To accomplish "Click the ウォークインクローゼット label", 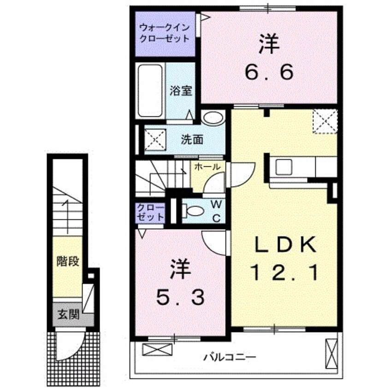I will [x=165, y=33].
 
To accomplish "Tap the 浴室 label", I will [x=182, y=91].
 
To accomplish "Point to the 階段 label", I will [x=68, y=261].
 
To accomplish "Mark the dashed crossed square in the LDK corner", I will [x=325, y=121].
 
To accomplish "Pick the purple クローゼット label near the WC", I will [x=150, y=212].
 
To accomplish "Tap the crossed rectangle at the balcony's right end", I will [x=331, y=352].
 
